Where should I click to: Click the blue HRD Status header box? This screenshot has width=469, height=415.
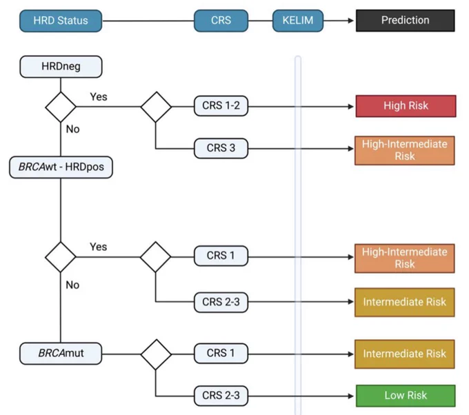pyautogui.click(x=61, y=21)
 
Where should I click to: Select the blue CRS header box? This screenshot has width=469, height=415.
pyautogui.click(x=221, y=21)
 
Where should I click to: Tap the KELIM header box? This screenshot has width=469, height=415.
pyautogui.click(x=298, y=21)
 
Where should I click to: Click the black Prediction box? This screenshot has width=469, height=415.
pyautogui.click(x=406, y=21)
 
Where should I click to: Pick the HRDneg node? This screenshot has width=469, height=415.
pyautogui.click(x=61, y=67)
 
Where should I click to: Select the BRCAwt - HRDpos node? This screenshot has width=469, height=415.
pyautogui.click(x=61, y=167)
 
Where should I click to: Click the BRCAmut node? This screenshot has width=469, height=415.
pyautogui.click(x=61, y=354)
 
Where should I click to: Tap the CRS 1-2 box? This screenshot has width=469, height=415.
pyautogui.click(x=221, y=106)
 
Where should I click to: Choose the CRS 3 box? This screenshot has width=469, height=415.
pyautogui.click(x=221, y=148)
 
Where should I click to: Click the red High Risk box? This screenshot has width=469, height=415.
pyautogui.click(x=406, y=106)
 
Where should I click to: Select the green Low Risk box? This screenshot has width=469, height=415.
pyautogui.click(x=406, y=396)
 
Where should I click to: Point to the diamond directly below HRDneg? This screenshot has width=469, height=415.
pyautogui.click(x=61, y=107)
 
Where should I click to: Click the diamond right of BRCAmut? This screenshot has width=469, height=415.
pyautogui.click(x=156, y=354)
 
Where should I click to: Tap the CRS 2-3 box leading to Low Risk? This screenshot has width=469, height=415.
pyautogui.click(x=221, y=396)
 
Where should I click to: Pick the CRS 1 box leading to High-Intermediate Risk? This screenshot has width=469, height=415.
pyautogui.click(x=221, y=256)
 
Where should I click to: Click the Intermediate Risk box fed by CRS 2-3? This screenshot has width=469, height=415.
pyautogui.click(x=405, y=302)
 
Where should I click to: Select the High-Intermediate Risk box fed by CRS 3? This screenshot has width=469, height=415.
pyautogui.click(x=405, y=150)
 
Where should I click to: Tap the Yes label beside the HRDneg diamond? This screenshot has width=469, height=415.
pyautogui.click(x=99, y=97)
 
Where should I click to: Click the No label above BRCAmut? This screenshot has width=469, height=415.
pyautogui.click(x=72, y=285)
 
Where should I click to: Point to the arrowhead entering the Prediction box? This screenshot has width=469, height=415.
pyautogui.click(x=351, y=21)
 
